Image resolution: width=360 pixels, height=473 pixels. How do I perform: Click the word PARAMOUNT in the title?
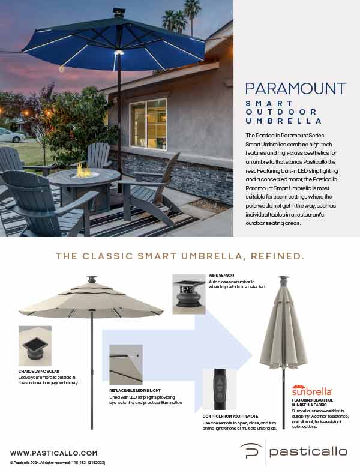[295, 89]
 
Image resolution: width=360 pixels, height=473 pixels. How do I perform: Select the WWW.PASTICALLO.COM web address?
[53, 452]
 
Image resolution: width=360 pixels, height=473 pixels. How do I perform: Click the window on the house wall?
[148, 123]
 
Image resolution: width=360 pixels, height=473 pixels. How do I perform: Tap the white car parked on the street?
[10, 135]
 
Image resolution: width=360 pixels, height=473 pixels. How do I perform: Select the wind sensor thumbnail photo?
[189, 294]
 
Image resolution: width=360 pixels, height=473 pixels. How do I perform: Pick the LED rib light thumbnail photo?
[125, 364]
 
